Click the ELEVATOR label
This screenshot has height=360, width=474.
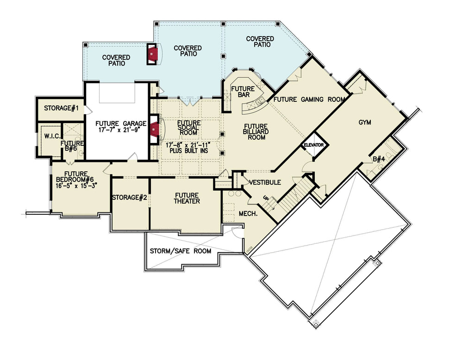pos(313,145)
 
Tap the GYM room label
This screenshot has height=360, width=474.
pos(365,123)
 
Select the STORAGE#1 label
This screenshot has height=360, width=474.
pos(62,108)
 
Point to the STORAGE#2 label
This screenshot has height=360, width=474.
pos(130,198)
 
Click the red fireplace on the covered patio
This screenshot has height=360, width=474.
pos(153,54)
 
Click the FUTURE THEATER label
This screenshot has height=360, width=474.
pos(187,199)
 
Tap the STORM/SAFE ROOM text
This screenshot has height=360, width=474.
pos(181,251)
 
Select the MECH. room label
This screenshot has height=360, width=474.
pos(248,214)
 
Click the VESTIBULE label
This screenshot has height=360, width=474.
pos(265,182)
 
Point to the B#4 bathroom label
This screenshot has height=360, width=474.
pos(379,159)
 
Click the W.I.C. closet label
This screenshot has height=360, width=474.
pos(53,137)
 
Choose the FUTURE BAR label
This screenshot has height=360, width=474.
pos(243,92)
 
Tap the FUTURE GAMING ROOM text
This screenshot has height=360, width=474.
pos(309,99)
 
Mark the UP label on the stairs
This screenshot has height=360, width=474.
pos(266,199)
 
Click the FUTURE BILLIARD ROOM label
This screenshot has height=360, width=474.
pos(256,132)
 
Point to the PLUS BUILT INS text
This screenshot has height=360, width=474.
pos(189,150)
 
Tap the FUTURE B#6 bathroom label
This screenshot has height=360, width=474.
pos(72,146)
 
